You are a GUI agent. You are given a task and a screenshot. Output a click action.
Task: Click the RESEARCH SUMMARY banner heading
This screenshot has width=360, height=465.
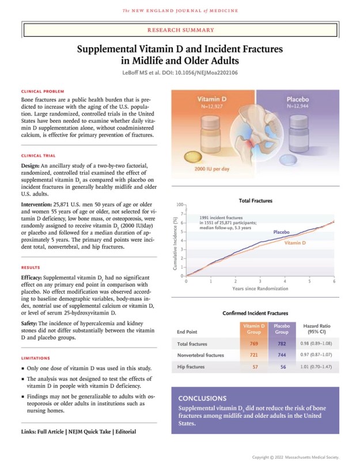[180, 30]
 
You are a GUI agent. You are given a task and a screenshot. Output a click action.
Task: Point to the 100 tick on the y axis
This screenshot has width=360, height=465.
[180, 205]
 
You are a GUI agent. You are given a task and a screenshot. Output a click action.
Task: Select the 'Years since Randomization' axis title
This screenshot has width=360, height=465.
[260, 288]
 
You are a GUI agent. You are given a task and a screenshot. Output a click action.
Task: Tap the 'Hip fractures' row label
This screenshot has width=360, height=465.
[191, 367]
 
